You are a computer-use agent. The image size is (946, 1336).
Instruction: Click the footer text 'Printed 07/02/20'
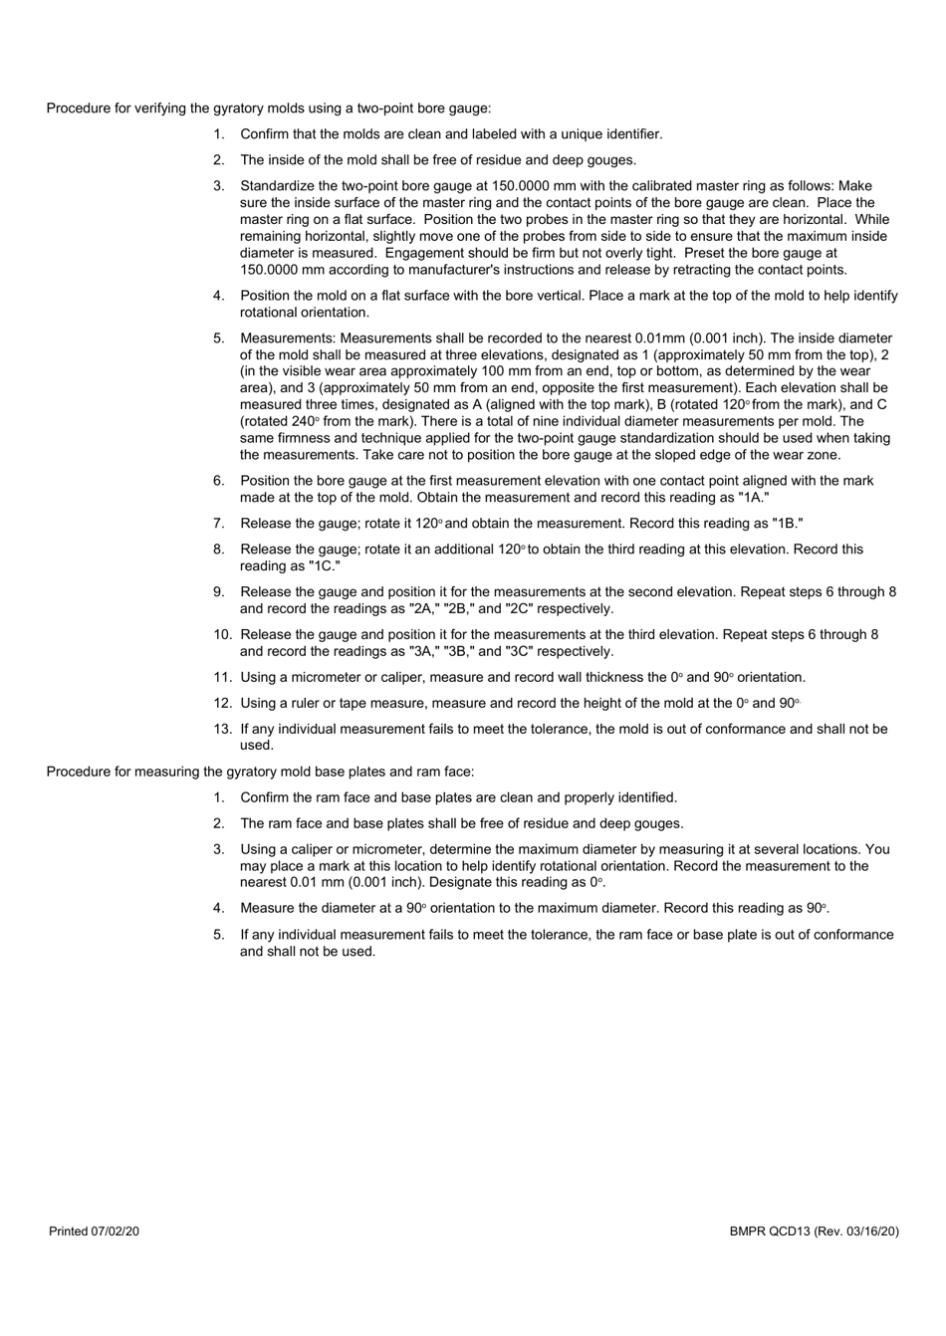(x=94, y=1231)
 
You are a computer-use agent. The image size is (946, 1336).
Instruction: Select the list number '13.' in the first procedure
(x=222, y=729)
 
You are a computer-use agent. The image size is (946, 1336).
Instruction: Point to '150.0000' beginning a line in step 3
(x=267, y=271)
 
